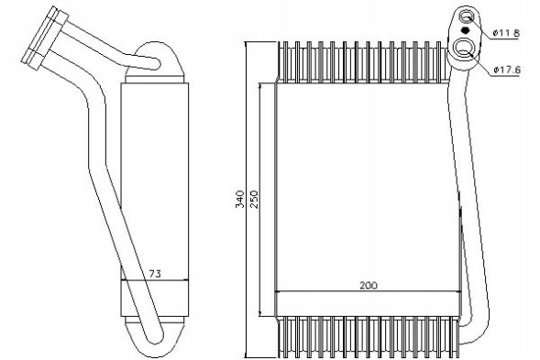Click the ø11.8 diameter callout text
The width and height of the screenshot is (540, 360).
(x=506, y=35)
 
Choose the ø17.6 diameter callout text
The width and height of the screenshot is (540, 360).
(x=507, y=69)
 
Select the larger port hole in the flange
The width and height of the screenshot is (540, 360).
(x=467, y=47)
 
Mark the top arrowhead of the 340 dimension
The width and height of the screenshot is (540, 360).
(x=248, y=43)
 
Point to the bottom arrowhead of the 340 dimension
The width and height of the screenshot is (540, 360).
(x=248, y=353)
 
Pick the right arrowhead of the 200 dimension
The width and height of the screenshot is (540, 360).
(x=456, y=293)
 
